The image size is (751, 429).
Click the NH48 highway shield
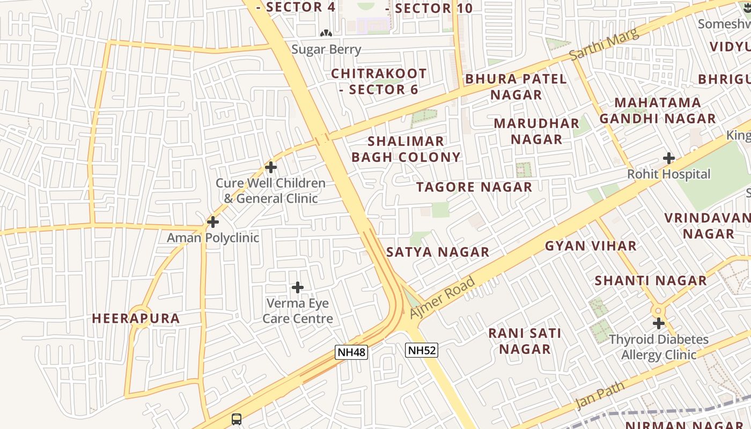coord(351,352)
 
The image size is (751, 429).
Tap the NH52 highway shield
coord(422,351)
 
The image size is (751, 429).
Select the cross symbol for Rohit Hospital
coord(668,158)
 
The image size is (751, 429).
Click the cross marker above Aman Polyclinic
coord(213,221)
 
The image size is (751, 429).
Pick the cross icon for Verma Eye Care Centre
coord(298,287)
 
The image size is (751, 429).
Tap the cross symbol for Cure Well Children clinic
coord(271,167)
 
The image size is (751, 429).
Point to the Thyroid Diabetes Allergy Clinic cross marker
coord(659,323)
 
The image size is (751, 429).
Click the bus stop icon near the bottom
coord(237,419)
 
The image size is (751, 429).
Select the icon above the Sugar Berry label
coord(326,34)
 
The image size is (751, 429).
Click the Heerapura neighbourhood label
coord(136,319)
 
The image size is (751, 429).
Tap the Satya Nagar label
coord(438,252)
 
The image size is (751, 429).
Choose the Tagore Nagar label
coord(474,187)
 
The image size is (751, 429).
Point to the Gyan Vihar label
coord(591,246)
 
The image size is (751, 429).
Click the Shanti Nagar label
coord(651,280)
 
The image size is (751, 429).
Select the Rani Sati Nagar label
coord(525,341)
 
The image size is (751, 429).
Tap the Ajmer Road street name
coord(443,298)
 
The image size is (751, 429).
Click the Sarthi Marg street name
coord(604,44)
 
